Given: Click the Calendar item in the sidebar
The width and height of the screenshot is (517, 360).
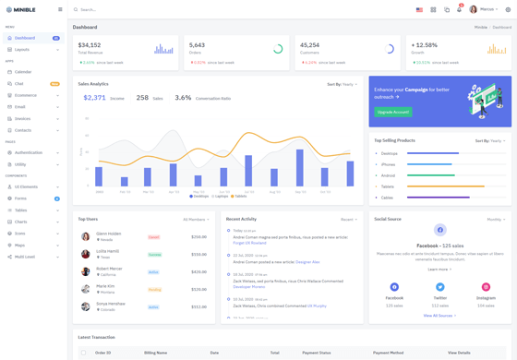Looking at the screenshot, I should click(x=23, y=72).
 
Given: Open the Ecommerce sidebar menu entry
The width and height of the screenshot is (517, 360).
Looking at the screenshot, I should click(x=26, y=95).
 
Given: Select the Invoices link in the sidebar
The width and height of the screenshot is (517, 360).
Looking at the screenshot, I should click(x=23, y=118).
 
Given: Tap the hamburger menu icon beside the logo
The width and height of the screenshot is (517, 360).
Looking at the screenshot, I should click(x=60, y=9).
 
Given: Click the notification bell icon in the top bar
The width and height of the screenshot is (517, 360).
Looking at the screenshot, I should click(x=459, y=9).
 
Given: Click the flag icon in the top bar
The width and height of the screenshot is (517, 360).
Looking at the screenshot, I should click(x=419, y=9).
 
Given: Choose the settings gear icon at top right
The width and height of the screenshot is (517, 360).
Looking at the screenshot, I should click(x=507, y=9).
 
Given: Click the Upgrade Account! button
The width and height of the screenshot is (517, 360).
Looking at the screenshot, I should click(x=393, y=112).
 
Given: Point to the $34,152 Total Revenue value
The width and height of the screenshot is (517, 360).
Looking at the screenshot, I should click(x=90, y=44).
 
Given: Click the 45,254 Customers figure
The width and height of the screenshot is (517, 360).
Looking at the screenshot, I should click(x=310, y=44).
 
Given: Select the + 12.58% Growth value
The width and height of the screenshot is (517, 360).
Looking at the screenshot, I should click(x=425, y=44).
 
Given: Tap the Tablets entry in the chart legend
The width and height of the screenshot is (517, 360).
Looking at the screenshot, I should click(x=239, y=196).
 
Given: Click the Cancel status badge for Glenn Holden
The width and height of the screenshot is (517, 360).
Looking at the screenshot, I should click(x=154, y=237).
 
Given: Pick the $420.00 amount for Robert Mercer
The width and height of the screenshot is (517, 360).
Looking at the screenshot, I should click(x=198, y=272).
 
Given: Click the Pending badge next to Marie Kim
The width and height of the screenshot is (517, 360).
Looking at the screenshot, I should click(x=154, y=289).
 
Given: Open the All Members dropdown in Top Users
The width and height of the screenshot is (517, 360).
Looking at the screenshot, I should click(x=196, y=220).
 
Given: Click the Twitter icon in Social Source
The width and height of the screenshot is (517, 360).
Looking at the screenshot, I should click(x=440, y=287).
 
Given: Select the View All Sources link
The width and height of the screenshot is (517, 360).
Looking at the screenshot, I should click(x=439, y=316).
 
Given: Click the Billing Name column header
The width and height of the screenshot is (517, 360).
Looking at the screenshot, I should click(x=155, y=353).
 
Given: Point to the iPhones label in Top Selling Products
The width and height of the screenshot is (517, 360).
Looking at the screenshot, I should click(x=389, y=164).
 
